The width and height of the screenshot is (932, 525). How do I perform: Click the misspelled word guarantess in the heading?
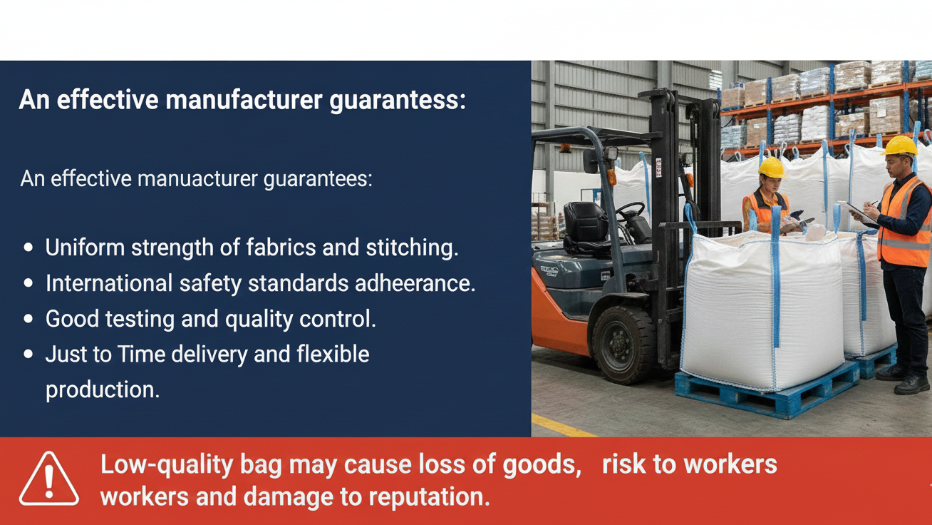tap(398, 101)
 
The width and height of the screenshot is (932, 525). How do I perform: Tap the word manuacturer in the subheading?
tap(197, 179)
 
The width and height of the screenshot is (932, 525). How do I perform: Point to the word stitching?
tap(413, 248)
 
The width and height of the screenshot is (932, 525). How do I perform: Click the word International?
tap(109, 283)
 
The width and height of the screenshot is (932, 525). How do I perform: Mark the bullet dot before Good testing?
tap(29, 319)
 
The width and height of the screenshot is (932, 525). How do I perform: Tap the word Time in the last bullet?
tap(142, 355)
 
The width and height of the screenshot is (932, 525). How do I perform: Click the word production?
tap(103, 390)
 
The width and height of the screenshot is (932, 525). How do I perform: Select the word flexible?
tap(333, 355)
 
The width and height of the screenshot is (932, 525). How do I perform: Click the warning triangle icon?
tap(49, 479)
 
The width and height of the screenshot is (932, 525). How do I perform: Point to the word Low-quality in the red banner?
tap(167, 465)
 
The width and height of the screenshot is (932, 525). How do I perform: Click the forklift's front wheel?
tap(623, 345)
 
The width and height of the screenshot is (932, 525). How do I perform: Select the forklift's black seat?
tap(586, 227)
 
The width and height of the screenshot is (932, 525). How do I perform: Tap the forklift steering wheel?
tap(631, 211)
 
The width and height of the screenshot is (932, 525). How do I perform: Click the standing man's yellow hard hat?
tap(899, 146)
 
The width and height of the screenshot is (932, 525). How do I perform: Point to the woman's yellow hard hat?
tap(772, 168)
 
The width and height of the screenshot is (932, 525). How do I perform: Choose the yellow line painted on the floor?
tap(564, 426)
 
